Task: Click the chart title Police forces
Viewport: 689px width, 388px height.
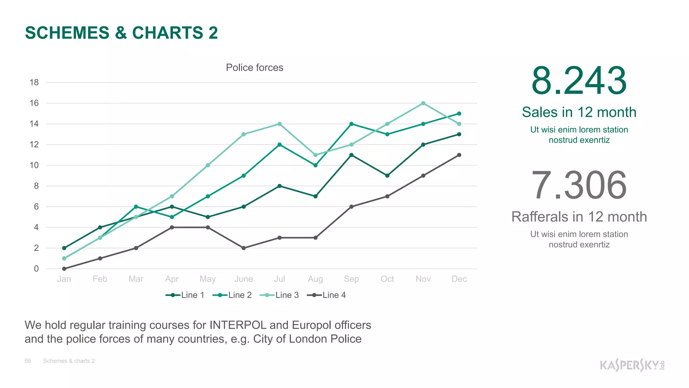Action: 254,68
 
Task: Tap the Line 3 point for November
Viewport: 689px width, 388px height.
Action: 423,103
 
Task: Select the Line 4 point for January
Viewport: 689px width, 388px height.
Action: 64,269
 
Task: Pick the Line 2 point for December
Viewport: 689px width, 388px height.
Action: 459,114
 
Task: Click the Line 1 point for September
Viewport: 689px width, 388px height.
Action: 351,155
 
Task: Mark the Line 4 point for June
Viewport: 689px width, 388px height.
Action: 244,248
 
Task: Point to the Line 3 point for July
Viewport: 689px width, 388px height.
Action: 280,124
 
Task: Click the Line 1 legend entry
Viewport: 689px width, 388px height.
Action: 185,295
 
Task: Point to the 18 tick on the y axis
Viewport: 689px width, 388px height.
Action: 34,83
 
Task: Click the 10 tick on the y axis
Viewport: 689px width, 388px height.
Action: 34,165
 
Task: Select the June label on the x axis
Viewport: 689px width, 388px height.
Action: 244,279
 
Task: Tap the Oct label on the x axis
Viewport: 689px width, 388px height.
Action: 387,279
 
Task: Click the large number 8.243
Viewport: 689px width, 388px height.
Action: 579,81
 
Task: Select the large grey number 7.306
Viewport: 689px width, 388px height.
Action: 579,186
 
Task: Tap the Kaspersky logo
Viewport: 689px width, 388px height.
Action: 632,365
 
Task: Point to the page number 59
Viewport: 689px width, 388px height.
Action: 28,361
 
